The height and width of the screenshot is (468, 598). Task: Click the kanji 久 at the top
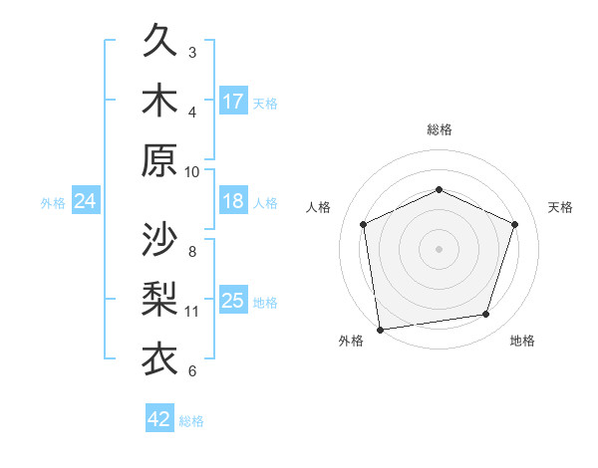[x=160, y=43]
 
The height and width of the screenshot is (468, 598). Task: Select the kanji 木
[x=160, y=102]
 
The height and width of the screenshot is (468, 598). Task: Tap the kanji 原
[x=160, y=160]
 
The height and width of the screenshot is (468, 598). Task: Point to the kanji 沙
[x=160, y=240]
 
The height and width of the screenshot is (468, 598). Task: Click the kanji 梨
[x=160, y=299]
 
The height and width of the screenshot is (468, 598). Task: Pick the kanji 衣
[x=160, y=357]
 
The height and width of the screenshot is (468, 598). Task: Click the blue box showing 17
[x=233, y=102]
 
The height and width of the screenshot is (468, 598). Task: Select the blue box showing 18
[x=233, y=201]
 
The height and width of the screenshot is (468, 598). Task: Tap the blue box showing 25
[x=233, y=301]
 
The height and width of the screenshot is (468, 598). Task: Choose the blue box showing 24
[x=86, y=201]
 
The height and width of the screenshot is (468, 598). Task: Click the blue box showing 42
[x=159, y=419]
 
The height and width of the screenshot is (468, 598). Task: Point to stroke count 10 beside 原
[x=192, y=171]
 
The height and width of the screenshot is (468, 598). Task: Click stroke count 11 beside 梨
[x=192, y=311]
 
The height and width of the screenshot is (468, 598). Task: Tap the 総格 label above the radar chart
[x=440, y=129]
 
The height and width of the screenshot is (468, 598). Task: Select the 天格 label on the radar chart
[x=560, y=207]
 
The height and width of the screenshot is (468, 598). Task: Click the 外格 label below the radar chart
[x=351, y=341]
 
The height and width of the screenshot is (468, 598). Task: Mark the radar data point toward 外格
[x=380, y=329]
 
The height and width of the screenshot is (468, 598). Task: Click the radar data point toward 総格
[x=440, y=189]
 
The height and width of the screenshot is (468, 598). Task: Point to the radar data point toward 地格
[x=486, y=314]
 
